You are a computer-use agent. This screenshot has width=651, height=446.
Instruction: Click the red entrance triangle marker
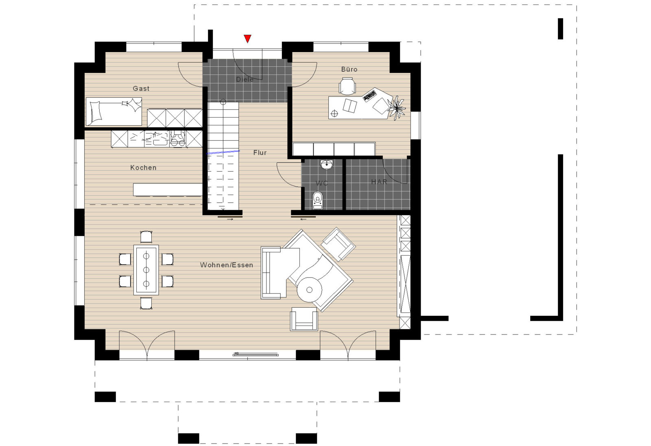pos(247,38)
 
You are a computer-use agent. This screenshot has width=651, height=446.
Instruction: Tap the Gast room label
pos(141,88)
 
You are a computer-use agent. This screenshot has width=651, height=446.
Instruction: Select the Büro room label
pos(349,69)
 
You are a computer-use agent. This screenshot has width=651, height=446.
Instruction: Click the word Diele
pos(245,79)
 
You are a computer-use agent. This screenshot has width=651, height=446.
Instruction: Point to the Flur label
pos(260,153)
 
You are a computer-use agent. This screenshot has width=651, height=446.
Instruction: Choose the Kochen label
pos(143,168)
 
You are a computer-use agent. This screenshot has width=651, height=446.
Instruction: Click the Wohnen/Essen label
pos(226,265)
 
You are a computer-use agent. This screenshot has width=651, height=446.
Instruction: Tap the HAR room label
pos(379,182)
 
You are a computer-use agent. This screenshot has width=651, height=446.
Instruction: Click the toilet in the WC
pos(318,200)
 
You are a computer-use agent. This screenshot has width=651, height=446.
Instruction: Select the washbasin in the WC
pos(328,164)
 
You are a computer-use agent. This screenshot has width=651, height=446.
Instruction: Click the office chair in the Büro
pos(347,86)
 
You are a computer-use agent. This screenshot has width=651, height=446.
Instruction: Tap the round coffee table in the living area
pos(310,290)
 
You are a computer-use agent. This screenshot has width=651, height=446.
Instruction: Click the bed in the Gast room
pos(114,111)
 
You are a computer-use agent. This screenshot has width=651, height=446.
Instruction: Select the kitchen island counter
pos(168,190)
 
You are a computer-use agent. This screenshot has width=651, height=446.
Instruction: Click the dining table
pos(146,270)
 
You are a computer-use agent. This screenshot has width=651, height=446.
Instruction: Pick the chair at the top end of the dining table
pos(146,237)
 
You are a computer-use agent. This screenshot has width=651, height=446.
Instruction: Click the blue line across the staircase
pos(223,152)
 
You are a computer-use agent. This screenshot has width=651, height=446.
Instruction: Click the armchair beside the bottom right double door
pos(304,319)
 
